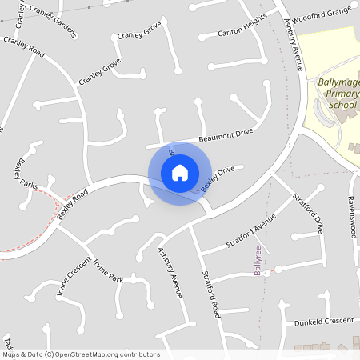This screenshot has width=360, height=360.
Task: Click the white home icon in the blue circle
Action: point(180,173)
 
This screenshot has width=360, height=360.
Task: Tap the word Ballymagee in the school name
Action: point(336,82)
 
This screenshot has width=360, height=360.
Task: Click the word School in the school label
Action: point(342,105)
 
